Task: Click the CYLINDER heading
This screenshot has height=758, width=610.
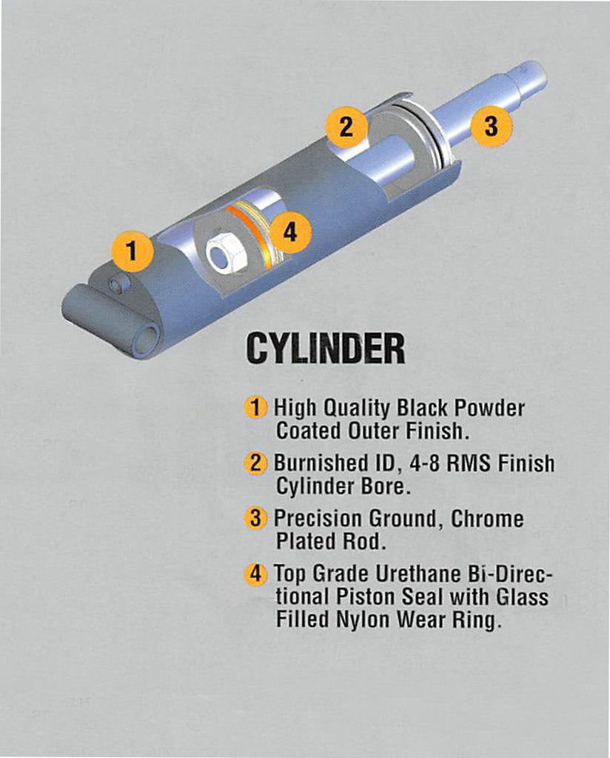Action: [325, 348]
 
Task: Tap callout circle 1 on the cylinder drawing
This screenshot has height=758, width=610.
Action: [133, 252]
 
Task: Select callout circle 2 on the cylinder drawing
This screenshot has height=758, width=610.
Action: [346, 127]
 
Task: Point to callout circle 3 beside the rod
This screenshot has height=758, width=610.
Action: [491, 126]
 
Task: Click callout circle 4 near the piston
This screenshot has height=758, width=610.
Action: [289, 232]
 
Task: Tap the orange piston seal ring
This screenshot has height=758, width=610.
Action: [250, 236]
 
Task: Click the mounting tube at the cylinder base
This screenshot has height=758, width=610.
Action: [112, 325]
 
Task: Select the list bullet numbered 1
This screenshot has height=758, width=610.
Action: [255, 407]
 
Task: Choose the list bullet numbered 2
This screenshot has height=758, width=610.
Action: [255, 463]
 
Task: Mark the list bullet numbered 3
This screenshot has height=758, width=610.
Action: [255, 518]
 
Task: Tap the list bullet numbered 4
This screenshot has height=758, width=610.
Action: [255, 574]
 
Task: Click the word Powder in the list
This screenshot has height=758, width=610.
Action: [489, 408]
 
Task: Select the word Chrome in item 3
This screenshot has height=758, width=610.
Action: [487, 519]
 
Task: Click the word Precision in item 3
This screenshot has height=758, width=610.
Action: [318, 519]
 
